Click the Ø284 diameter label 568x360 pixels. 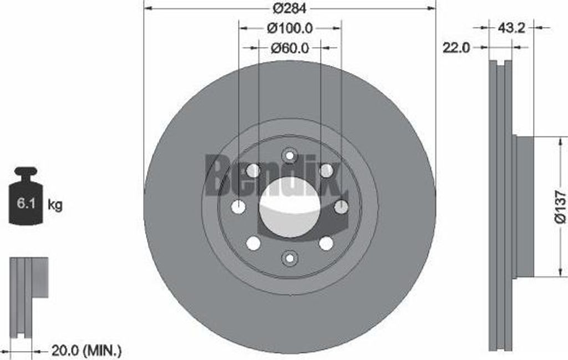point(290,8)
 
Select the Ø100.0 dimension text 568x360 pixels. point(290,27)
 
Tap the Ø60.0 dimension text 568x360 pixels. point(290,48)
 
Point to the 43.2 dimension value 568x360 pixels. point(511,27)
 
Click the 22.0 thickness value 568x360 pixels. point(456,48)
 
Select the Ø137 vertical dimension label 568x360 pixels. point(561,207)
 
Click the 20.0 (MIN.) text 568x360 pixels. point(86,350)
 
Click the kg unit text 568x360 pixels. point(55,205)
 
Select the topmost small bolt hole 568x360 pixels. point(289,155)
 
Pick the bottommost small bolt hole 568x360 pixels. point(289,258)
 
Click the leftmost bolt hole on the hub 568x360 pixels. point(239,207)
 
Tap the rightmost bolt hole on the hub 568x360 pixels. point(341,207)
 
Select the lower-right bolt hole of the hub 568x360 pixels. point(326,243)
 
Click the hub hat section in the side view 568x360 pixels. point(524,207)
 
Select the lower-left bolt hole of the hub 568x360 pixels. point(253,243)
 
